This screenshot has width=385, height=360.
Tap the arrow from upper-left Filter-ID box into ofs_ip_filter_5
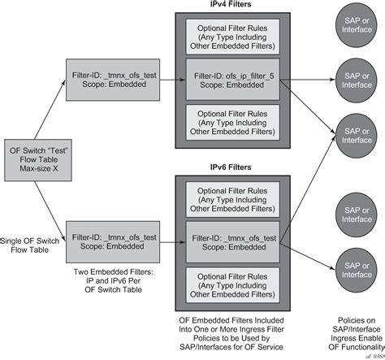[171, 79]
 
